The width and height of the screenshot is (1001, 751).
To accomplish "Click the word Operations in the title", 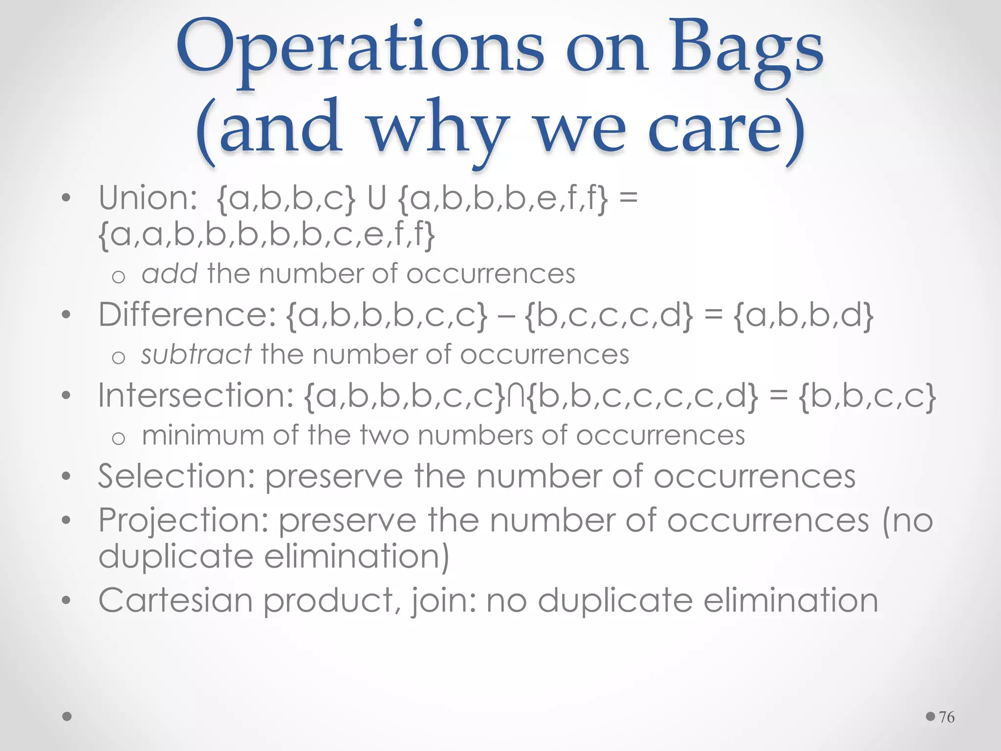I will pos(360,49).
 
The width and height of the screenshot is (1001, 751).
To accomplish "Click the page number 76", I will pos(947,717).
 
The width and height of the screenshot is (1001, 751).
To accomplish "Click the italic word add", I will pos(169,274).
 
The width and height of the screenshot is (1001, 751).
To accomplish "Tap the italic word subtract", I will pos(196,354).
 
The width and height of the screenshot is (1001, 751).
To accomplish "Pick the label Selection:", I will pos(176,476).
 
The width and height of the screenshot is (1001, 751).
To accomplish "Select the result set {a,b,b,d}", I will pos(804,315).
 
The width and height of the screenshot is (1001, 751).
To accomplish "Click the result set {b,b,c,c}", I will pos(868,396).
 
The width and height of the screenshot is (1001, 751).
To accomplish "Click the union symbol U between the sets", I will pos(376,199).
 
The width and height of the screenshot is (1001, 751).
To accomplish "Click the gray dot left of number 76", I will pos(931,717).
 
